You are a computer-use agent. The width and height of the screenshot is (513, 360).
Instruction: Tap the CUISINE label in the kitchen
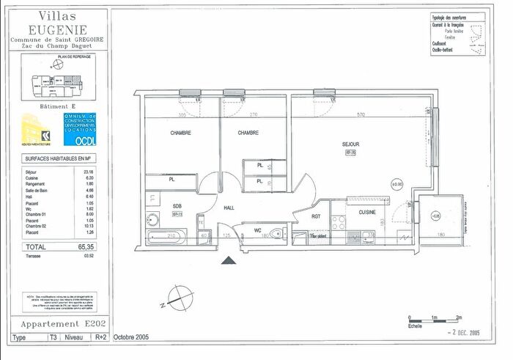pyautogui.click(x=368, y=211)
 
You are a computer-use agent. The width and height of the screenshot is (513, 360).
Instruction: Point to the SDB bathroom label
pyautogui.click(x=177, y=206)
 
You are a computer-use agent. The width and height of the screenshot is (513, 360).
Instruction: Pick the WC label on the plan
pyautogui.click(x=258, y=230)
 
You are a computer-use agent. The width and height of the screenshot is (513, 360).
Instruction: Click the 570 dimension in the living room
pyautogui.click(x=360, y=115)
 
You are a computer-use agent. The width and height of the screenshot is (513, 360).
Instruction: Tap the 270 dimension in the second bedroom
pyautogui.click(x=253, y=115)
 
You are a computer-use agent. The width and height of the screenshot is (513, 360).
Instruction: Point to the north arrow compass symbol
pyautogui.click(x=177, y=298)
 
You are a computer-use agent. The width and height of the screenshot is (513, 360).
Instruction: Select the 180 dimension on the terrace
pyautogui.click(x=440, y=235)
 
